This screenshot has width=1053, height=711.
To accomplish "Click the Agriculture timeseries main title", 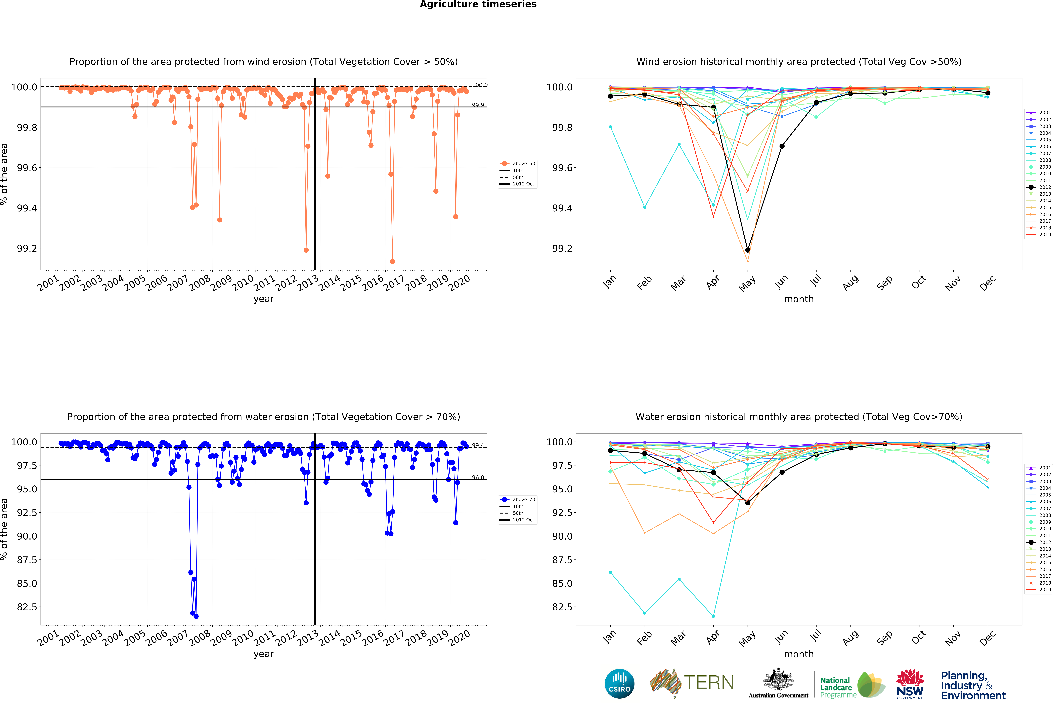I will (x=478, y=5).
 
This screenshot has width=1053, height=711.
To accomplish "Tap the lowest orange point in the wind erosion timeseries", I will (x=392, y=261).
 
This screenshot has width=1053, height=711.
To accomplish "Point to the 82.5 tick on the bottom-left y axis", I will (x=27, y=607).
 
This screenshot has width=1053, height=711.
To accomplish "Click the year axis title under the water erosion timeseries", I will (x=264, y=654).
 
